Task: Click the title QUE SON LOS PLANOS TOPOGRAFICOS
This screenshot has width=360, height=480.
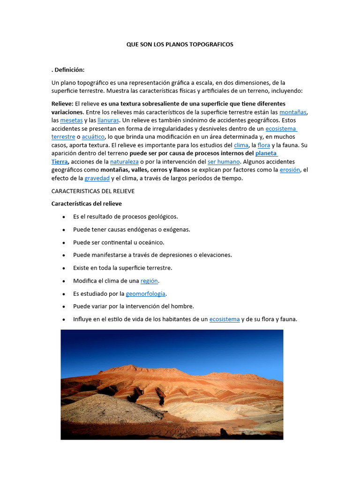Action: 180,45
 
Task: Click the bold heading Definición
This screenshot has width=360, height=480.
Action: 68,70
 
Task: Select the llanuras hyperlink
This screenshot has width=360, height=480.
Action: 108,120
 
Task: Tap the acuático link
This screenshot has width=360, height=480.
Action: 93,137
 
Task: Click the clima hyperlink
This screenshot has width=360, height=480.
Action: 241,145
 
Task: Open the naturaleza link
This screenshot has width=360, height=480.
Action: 124,162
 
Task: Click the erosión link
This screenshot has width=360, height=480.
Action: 290,170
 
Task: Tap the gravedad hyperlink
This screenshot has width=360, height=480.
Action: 97,178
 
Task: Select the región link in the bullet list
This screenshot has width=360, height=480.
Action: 150,281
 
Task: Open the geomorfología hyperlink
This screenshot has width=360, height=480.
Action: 145,294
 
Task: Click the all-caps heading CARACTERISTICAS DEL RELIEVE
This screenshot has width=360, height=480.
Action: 93,191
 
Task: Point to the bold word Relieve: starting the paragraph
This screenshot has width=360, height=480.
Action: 62,104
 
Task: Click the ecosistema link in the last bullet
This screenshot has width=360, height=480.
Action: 224,319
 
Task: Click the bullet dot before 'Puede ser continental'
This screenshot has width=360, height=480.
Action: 63,243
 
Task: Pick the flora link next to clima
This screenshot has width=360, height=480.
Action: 264,145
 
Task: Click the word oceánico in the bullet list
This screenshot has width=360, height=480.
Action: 151,242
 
